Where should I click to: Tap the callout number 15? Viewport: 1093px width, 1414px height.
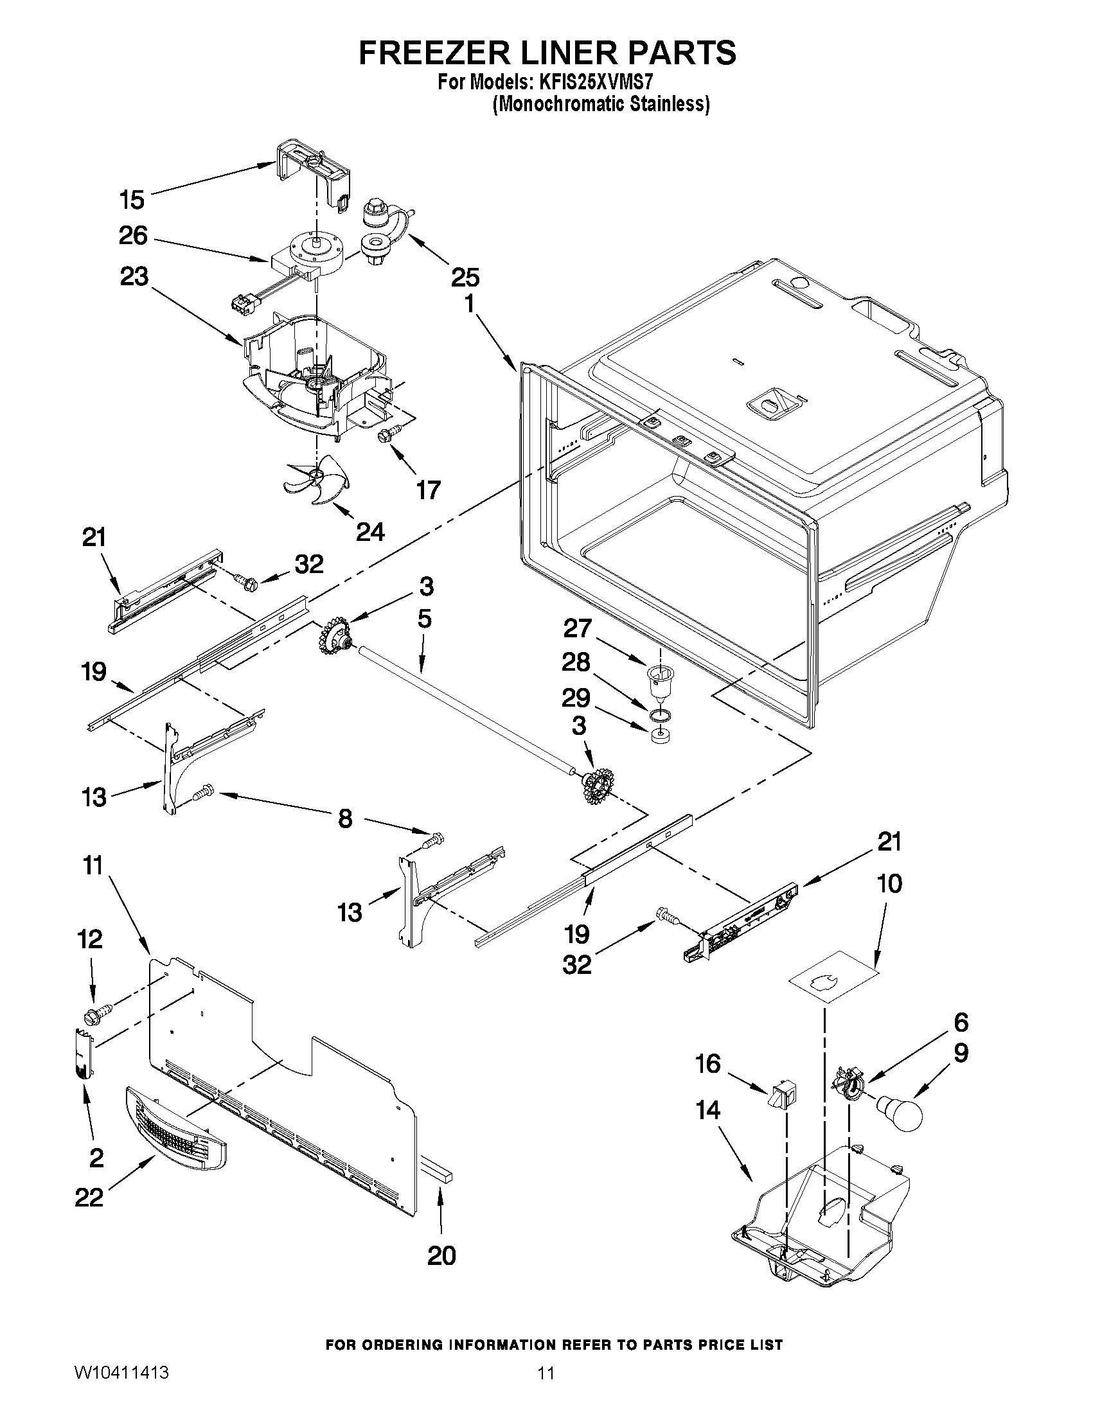tap(132, 199)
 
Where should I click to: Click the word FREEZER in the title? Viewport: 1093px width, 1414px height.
tap(441, 53)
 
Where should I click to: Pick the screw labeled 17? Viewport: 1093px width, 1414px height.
tap(387, 436)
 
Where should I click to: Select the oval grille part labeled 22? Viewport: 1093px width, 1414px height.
tap(175, 1130)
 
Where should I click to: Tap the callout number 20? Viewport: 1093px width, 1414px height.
tap(441, 1255)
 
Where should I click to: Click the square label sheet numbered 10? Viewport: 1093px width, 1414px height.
tap(834, 978)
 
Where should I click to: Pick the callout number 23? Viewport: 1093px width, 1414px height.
tap(134, 276)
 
